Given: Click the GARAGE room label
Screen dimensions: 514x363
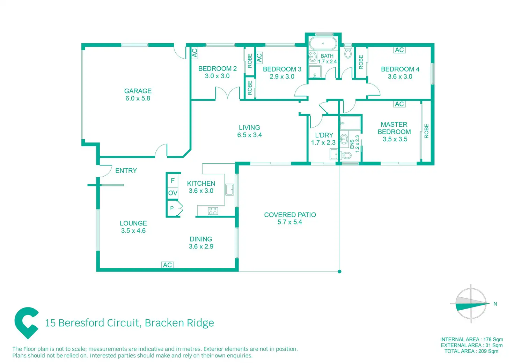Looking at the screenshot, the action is point(138,91).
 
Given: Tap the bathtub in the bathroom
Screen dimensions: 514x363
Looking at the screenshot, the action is point(323,44).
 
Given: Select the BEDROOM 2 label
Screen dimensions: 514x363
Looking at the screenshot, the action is point(217,69).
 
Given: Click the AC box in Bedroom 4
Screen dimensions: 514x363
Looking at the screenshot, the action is point(399,50).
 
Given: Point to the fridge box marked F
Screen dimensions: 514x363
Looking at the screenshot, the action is point(172,181).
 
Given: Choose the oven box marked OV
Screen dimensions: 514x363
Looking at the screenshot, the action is point(172,193).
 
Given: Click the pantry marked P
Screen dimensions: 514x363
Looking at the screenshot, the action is point(172,208).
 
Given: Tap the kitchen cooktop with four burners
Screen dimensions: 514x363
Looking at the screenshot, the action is point(213,211).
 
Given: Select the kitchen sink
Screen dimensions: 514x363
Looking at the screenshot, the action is point(229,190).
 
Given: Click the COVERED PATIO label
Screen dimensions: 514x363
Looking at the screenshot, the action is point(290,215).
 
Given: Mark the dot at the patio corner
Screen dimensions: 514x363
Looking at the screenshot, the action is point(340,271).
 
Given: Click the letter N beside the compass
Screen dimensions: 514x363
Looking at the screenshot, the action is point(495,304).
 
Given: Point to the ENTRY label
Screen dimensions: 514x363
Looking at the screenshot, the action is point(126,171).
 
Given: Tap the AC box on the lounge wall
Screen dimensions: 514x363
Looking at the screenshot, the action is point(167,265).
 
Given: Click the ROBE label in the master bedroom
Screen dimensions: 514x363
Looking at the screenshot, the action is point(426,131).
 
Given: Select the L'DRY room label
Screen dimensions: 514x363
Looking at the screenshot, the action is point(324,135).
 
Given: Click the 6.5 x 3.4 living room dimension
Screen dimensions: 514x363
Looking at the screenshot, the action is point(249,135).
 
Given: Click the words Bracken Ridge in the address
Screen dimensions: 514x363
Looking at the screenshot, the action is point(179,323).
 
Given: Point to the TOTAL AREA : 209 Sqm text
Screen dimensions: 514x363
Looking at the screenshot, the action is point(471,351).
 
